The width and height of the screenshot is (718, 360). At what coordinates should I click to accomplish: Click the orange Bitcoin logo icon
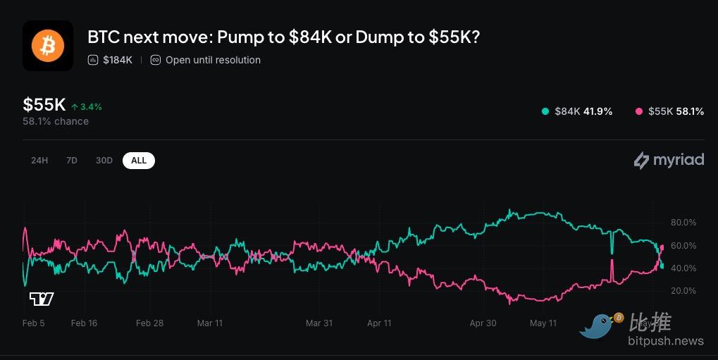coord(48,46)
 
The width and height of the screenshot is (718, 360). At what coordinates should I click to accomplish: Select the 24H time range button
coord(39,161)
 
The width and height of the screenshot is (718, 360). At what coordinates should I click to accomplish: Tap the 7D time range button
coord(71,161)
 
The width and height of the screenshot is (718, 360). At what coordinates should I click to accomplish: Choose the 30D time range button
coord(104,161)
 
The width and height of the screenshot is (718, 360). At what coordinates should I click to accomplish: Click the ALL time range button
coord(139,161)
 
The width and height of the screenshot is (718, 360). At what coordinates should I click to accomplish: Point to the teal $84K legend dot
coord(545,111)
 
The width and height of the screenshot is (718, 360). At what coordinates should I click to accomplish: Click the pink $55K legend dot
coord(639,111)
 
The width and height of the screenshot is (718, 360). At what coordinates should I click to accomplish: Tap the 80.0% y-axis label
coord(683,223)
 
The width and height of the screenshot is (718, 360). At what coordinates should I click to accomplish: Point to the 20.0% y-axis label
coord(683,291)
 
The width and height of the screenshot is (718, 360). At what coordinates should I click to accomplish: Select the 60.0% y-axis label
coord(683,245)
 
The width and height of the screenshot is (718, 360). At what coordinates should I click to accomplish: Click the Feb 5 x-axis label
coord(33,323)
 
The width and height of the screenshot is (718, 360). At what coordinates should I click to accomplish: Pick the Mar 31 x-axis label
coord(319,323)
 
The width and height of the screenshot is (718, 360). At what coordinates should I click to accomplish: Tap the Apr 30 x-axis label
coord(483,323)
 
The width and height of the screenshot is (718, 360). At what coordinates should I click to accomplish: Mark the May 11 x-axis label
coord(543,323)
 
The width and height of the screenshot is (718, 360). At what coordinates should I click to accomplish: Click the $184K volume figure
coord(118,60)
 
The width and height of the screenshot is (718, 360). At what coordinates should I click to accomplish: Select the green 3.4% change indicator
coord(87,106)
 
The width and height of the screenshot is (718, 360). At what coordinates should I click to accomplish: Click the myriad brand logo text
coord(678,160)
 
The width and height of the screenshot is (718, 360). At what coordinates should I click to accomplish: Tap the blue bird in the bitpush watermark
coord(598,325)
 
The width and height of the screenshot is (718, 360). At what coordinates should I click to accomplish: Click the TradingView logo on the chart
coord(42,299)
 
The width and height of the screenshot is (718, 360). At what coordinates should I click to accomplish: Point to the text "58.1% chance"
coord(56,121)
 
